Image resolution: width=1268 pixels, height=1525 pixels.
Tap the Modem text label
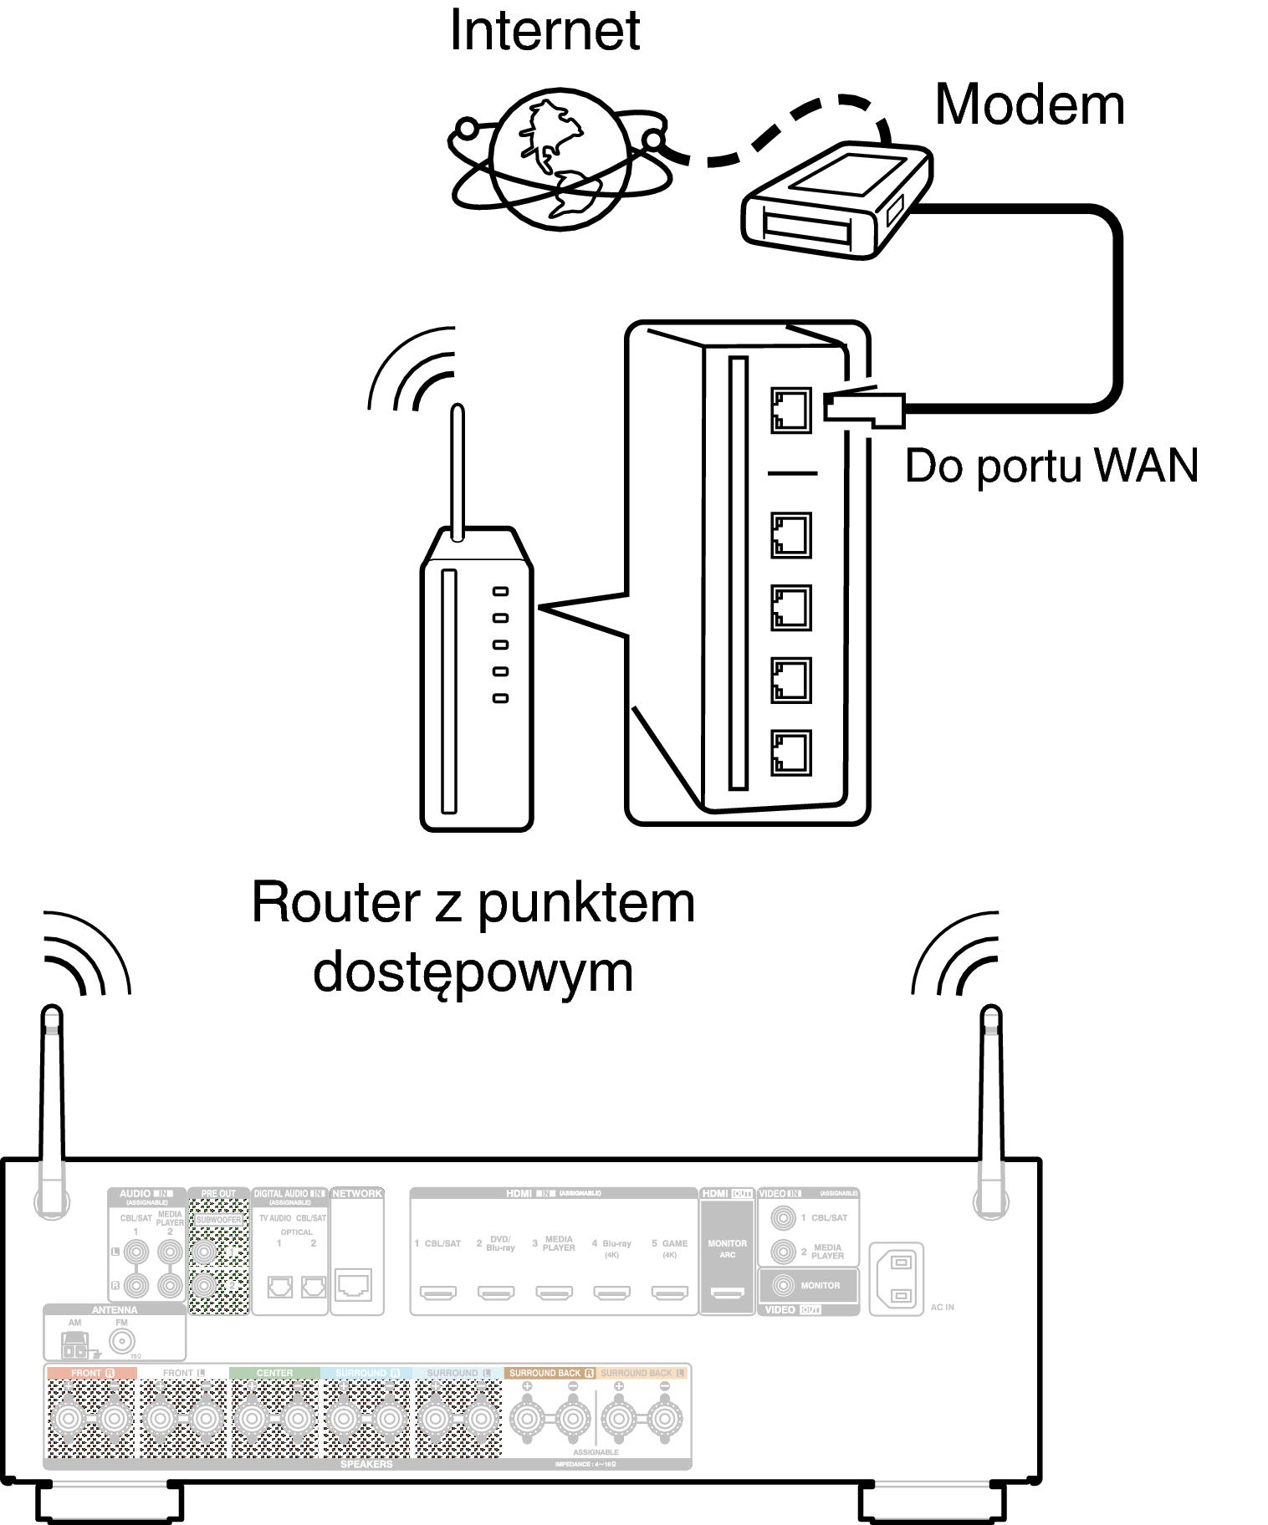click(1029, 105)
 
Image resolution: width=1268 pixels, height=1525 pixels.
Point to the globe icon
click(559, 161)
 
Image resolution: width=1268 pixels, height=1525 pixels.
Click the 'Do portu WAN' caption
click(1051, 466)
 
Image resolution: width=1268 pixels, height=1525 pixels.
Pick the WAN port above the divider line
click(790, 410)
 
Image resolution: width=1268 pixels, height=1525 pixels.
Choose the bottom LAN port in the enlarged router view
click(790, 752)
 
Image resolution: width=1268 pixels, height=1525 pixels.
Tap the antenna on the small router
click(457, 472)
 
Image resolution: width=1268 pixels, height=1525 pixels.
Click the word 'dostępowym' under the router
click(473, 972)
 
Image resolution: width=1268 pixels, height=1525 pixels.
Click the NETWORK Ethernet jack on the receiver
click(353, 1284)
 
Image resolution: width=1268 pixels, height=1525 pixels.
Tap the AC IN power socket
click(899, 1279)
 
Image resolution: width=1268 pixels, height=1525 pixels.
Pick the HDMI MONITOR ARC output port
click(727, 1293)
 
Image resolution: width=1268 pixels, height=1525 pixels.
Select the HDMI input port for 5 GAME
click(669, 1293)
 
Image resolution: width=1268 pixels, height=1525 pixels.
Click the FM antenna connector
click(122, 1343)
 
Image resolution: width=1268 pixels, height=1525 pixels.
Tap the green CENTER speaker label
click(274, 1373)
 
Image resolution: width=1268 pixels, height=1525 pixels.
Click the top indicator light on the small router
click(500, 592)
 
